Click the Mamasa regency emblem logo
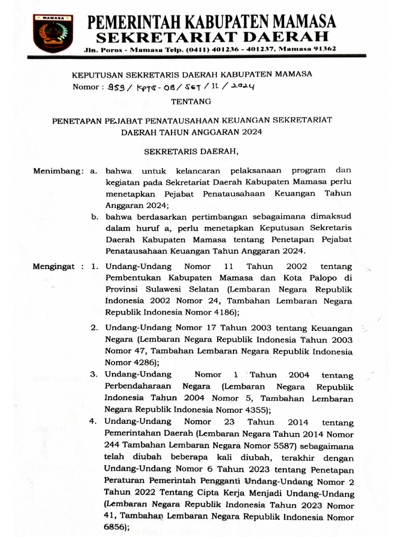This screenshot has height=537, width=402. pos(53,33)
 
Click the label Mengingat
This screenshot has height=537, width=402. pos(54,266)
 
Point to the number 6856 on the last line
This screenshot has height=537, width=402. pos(116,529)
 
